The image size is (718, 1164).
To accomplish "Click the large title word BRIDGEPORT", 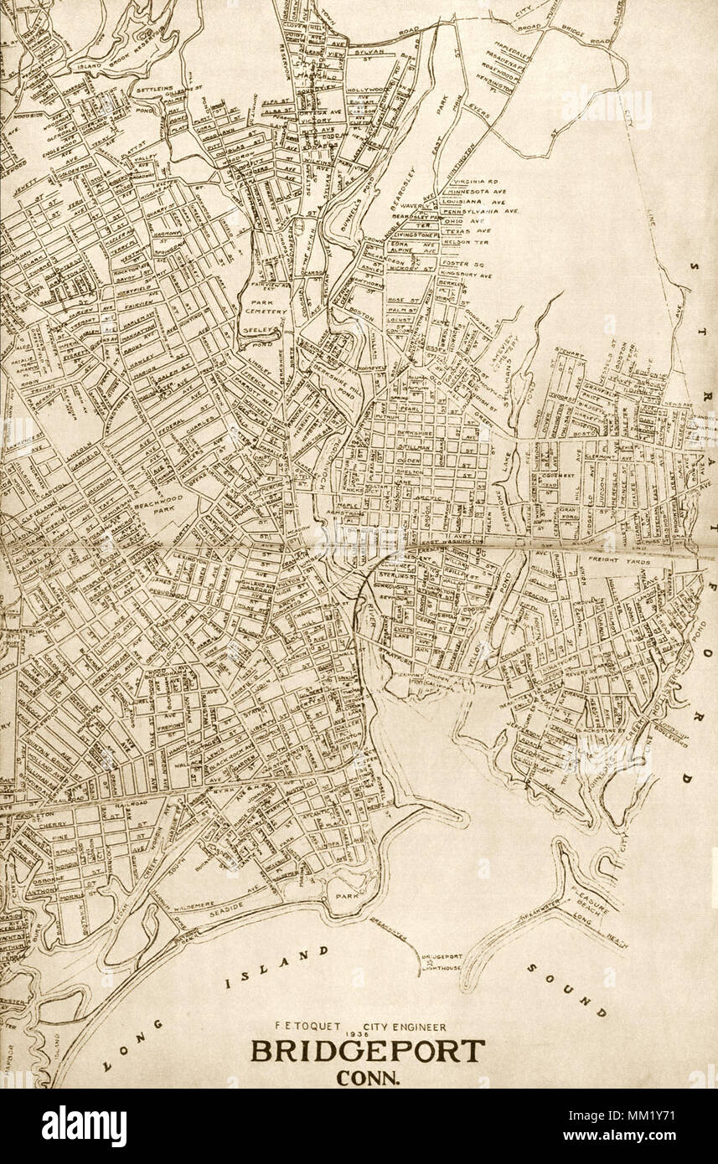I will point(367,1051).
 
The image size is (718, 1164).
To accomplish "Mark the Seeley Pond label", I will point(254,337).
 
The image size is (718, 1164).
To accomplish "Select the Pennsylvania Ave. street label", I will point(487,212).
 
